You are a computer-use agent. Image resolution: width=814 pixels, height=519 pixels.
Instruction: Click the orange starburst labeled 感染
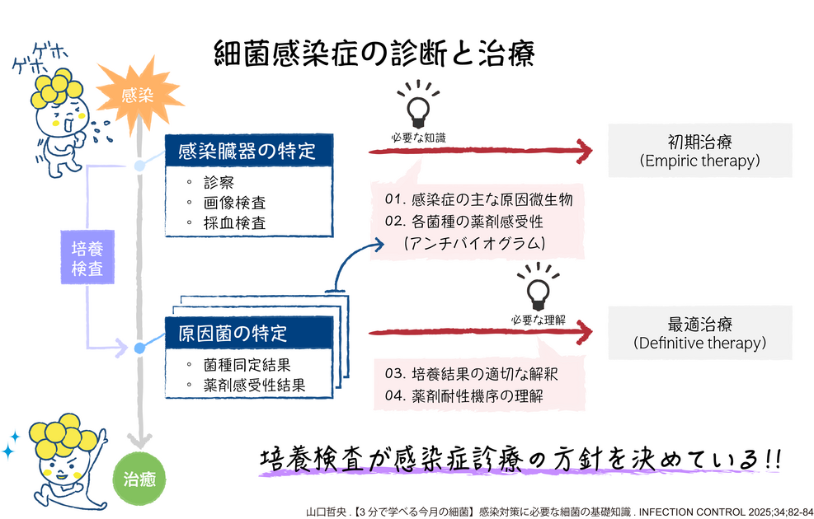(138, 95)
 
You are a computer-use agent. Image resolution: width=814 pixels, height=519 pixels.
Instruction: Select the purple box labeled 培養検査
(87, 258)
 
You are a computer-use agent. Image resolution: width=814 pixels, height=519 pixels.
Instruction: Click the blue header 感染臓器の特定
(249, 151)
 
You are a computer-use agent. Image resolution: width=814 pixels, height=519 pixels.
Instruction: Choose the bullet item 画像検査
(235, 203)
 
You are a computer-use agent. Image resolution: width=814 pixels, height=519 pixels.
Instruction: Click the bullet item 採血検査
(235, 223)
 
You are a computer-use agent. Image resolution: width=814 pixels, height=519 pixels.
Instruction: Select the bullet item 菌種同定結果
(247, 365)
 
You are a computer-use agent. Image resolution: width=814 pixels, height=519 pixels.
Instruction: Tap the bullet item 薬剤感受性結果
(254, 386)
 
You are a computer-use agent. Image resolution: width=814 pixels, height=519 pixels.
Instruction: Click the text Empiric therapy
(700, 161)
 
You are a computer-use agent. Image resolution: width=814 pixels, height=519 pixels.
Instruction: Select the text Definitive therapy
(700, 343)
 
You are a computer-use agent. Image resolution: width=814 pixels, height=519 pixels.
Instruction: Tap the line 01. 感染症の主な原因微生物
(478, 199)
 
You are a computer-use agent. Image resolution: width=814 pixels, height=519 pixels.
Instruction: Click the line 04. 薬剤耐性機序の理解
(464, 395)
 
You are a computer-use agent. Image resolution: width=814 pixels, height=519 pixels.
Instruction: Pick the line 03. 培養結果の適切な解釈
(472, 374)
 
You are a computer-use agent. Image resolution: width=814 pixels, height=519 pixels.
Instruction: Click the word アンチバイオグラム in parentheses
(474, 243)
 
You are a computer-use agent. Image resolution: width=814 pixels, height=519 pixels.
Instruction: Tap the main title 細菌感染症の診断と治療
(374, 54)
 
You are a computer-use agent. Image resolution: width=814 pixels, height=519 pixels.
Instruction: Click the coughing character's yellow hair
(57, 88)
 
